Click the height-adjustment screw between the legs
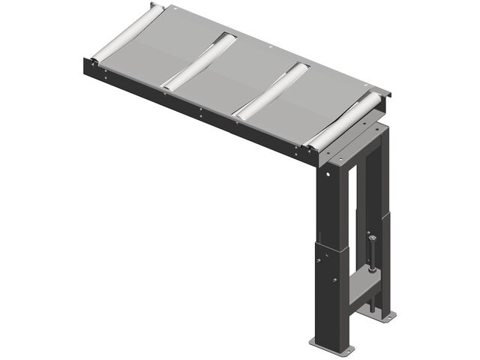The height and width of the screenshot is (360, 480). click(x=370, y=259)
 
